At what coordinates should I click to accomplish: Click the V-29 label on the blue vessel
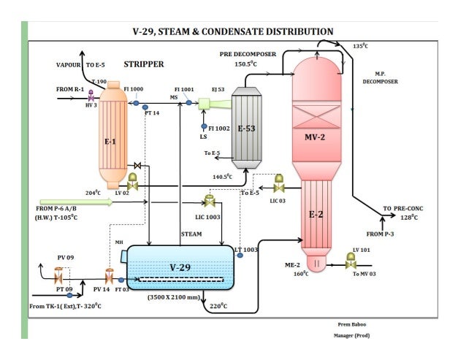click(x=180, y=267)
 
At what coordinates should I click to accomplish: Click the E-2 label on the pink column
click(x=316, y=215)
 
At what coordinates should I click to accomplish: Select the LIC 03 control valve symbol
click(x=279, y=180)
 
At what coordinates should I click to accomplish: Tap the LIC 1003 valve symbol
click(x=210, y=200)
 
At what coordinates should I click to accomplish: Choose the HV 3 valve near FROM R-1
click(x=91, y=96)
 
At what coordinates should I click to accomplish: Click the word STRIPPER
click(x=144, y=64)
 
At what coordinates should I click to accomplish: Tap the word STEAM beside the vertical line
click(x=191, y=234)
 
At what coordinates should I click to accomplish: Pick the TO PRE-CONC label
click(x=402, y=208)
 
